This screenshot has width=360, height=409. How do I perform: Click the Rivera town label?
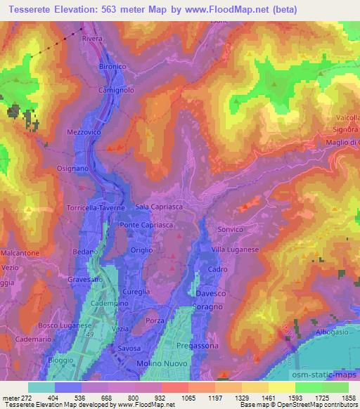92,39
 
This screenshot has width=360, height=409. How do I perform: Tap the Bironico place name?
112,66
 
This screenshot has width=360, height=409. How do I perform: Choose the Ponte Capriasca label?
145,224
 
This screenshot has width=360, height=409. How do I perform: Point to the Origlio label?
143,250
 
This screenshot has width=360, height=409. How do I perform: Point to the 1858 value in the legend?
348,397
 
